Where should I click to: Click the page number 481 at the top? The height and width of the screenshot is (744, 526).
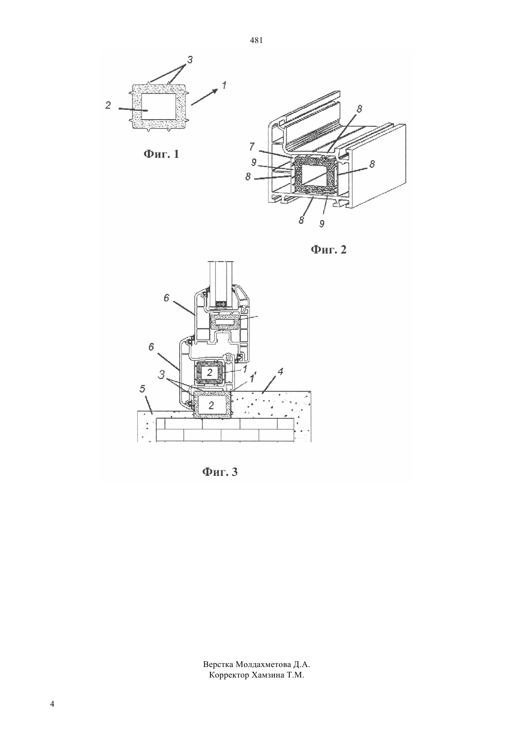point(256,41)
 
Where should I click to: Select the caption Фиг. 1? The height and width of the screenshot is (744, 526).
point(161,154)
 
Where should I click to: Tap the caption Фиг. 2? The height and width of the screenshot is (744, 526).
point(329,250)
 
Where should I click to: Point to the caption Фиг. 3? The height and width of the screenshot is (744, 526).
point(220,472)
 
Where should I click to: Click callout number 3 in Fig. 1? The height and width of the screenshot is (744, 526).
point(190,60)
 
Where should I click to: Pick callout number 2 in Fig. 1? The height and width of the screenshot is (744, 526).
point(108,105)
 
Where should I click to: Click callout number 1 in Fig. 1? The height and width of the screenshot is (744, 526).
point(224,86)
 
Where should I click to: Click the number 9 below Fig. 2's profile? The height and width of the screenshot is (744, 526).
point(321,224)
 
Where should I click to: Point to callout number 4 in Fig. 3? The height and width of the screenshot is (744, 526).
point(280,372)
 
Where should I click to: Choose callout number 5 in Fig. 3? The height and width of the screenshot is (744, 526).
point(142,389)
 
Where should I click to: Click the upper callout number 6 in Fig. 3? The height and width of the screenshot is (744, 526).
point(167,298)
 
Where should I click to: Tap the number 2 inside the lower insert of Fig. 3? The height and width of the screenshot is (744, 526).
point(211,405)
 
